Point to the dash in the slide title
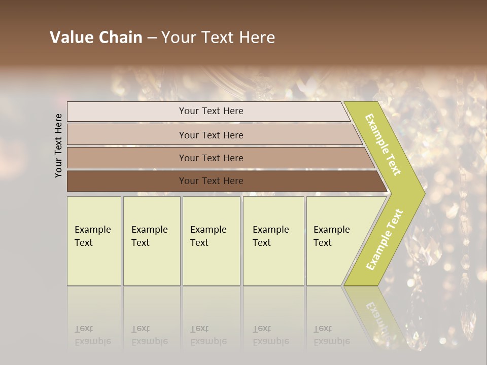152,38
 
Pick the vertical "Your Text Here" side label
59,145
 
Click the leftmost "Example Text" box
94,241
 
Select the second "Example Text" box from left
152,241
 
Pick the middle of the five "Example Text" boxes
211,241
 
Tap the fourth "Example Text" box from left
273,241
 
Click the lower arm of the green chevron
385,239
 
